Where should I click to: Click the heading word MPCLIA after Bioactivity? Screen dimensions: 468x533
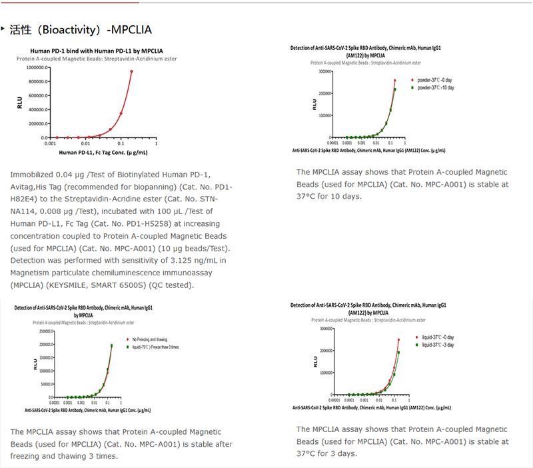pos(133,30)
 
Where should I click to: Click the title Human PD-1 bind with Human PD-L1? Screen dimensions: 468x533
pos(97,51)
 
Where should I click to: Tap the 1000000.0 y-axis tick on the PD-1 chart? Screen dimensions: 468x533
pos(33,67)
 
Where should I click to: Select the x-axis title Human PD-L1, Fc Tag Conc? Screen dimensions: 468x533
pos(100,153)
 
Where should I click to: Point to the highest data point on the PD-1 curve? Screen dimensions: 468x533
pos(131,71)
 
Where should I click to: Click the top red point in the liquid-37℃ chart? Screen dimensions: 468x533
pos(398,339)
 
